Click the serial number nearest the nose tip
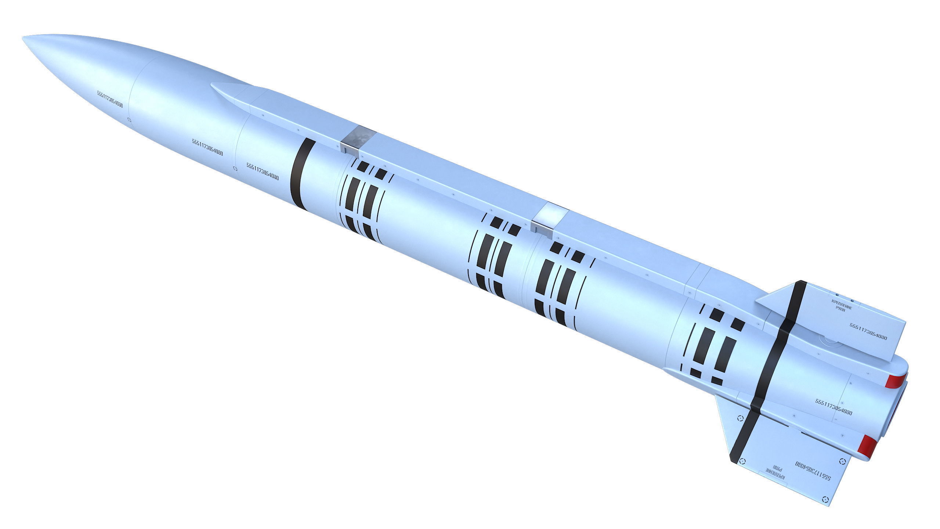tap(110, 99)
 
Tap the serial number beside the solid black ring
tap(262, 172)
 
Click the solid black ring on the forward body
tap(301, 175)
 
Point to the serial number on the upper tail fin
tap(868, 332)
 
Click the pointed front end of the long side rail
tap(212, 85)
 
